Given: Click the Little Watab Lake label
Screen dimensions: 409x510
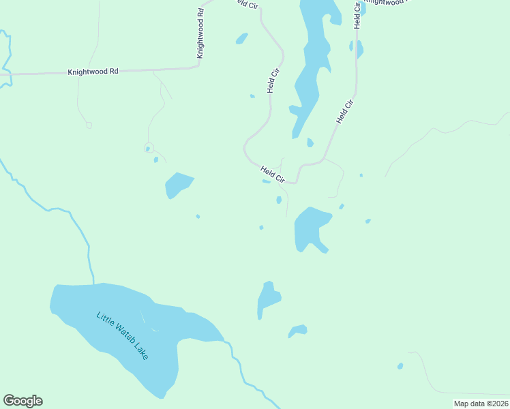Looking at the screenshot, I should pyautogui.click(x=122, y=336).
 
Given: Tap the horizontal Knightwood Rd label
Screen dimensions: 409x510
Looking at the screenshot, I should pyautogui.click(x=93, y=71).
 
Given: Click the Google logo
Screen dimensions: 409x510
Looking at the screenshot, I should pyautogui.click(x=22, y=401).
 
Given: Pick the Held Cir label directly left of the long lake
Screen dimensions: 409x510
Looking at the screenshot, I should pyautogui.click(x=273, y=80).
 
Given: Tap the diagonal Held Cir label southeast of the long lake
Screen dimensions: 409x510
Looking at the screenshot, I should pyautogui.click(x=346, y=111).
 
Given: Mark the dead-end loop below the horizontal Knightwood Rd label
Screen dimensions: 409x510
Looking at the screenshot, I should pyautogui.click(x=89, y=125).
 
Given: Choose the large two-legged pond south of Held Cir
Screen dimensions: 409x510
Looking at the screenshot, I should pyautogui.click(x=310, y=227).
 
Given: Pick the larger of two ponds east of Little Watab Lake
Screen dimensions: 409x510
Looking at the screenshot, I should pyautogui.click(x=268, y=298).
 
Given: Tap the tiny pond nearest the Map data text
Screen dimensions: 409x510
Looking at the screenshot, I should pyautogui.click(x=400, y=366).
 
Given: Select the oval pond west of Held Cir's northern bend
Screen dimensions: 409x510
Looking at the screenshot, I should pyautogui.click(x=241, y=39).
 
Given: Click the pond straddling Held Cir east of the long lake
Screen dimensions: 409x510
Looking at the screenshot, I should pyautogui.click(x=359, y=48).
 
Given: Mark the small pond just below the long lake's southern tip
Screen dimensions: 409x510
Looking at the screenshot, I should pyautogui.click(x=310, y=142).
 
